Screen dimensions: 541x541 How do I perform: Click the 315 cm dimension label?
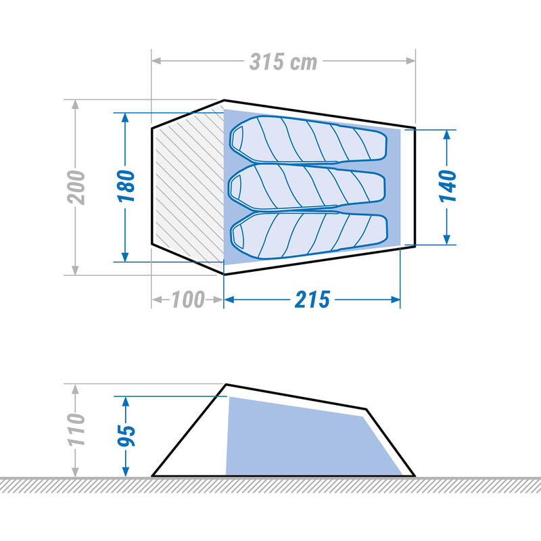point(283,62)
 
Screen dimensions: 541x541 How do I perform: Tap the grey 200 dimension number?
point(76,187)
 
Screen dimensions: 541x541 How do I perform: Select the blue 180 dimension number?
point(126,186)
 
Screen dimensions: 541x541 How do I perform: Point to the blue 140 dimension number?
point(448,186)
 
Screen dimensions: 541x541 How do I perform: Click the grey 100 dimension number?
point(189,300)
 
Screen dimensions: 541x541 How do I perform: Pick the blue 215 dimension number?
point(312,300)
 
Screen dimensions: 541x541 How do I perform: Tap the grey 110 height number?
point(76,429)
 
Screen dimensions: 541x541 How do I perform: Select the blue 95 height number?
point(126,436)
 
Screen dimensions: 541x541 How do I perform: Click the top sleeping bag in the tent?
point(308,139)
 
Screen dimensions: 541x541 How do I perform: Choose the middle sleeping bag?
point(307,187)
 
